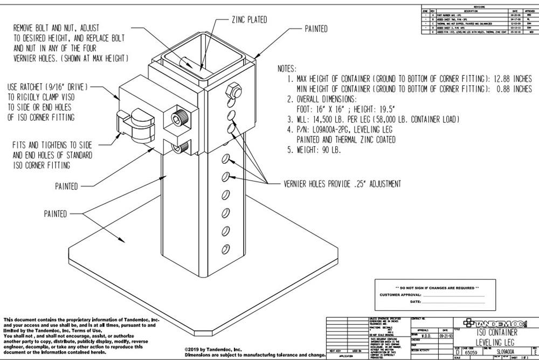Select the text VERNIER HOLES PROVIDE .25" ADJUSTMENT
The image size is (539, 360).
pyautogui.click(x=342, y=184)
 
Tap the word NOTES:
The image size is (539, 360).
pyautogui.click(x=287, y=69)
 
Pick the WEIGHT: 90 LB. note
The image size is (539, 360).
pyautogui.click(x=318, y=150)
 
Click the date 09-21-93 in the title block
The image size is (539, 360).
pyautogui.click(x=445, y=336)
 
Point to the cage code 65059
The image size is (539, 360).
pyautogui.click(x=472, y=351)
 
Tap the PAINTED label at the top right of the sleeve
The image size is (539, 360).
pyautogui.click(x=316, y=29)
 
